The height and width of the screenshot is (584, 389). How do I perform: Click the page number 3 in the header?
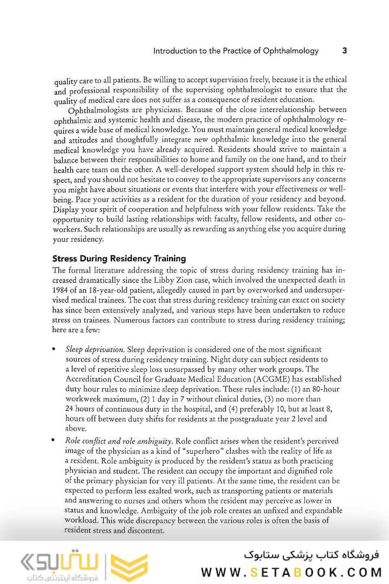click(345, 51)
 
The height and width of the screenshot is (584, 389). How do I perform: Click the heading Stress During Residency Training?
click(119, 258)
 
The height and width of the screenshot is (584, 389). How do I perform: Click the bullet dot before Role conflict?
click(55, 441)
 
